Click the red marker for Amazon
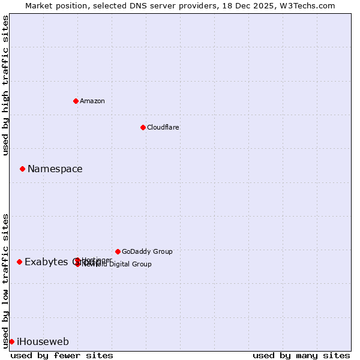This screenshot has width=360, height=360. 76,101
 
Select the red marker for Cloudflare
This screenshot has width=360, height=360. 143,127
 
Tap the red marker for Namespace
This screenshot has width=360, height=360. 22,169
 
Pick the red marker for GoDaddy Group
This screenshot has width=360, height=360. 118,251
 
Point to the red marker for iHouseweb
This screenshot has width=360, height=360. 11,341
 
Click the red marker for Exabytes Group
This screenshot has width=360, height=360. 19,262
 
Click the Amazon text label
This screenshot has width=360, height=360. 92,101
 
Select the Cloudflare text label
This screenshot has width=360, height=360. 163,127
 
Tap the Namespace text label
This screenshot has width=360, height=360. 55,169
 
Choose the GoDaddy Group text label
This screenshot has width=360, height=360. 147,252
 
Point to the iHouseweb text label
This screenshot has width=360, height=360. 43,342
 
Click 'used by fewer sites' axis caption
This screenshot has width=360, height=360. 62,355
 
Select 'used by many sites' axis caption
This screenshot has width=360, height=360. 301,355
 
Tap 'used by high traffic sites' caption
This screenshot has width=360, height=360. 6,85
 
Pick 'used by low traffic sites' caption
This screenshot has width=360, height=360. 6,281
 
